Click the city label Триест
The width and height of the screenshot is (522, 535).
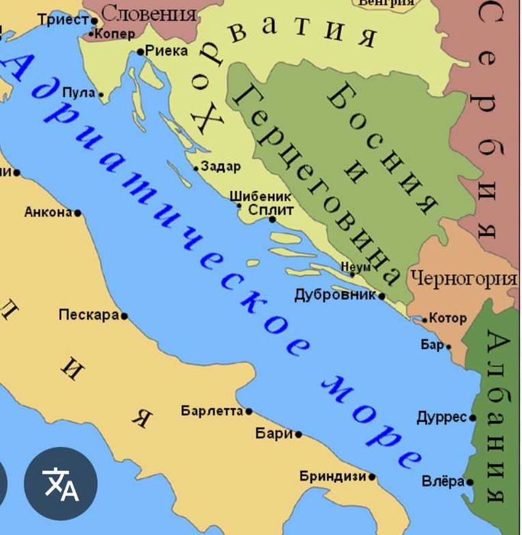tap(63, 20)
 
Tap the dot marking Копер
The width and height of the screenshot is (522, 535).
tap(91, 34)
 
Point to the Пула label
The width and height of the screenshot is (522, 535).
tap(79, 93)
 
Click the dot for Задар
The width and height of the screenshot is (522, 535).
tap(196, 168)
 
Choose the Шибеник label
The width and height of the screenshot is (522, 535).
tap(260, 196)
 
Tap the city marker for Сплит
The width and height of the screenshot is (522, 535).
tap(272, 219)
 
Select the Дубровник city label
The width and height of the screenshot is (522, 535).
tap(336, 295)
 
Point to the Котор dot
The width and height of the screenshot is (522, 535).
tap(425, 319)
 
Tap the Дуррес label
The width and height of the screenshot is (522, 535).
tap(441, 417)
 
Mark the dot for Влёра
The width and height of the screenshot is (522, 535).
tap(469, 482)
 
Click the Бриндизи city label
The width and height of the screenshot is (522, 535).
tap(332, 476)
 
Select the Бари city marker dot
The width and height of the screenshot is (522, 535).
tap(298, 434)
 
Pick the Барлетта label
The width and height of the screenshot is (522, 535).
tap(212, 411)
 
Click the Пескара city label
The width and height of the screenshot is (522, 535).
tap(89, 315)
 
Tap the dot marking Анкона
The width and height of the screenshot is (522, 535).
tap(77, 212)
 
